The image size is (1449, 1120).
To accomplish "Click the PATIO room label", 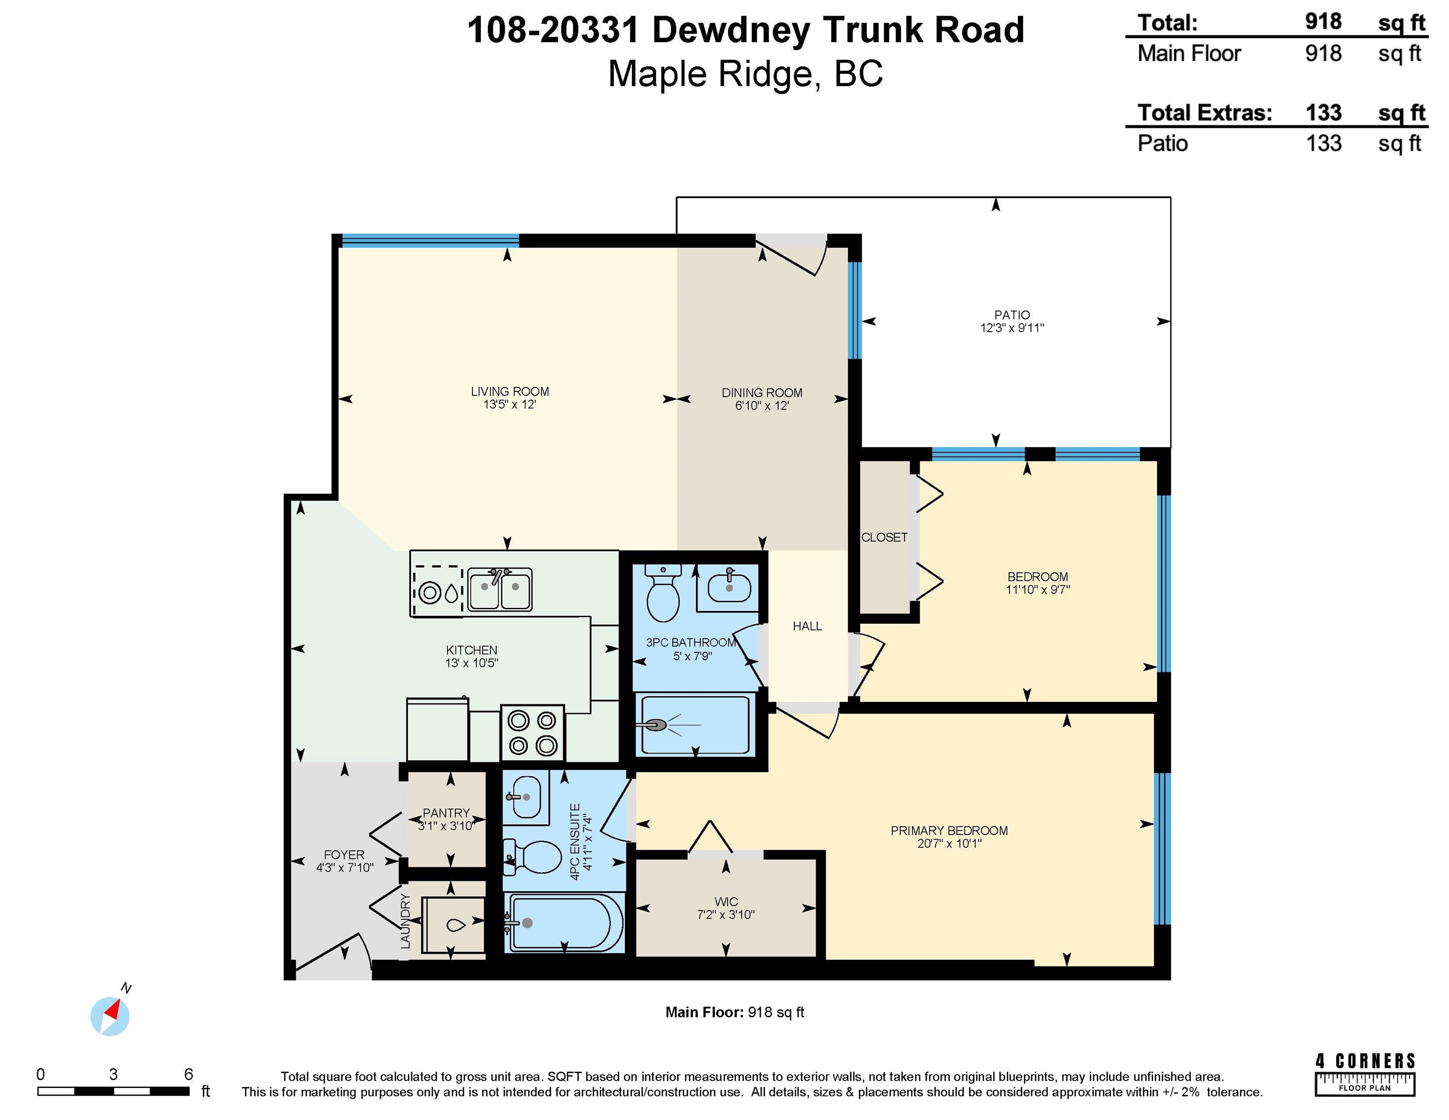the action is (1012, 315).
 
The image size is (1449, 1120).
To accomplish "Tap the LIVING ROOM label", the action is (509, 391).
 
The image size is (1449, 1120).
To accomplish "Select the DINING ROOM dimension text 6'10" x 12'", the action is (762, 405).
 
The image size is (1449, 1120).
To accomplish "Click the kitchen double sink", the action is (500, 589).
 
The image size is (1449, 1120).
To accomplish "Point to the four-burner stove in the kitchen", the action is (532, 733).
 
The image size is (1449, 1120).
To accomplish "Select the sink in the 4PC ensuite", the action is (525, 796).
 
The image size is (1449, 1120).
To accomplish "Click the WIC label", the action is (726, 902).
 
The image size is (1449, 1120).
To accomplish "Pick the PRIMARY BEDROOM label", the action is (949, 831).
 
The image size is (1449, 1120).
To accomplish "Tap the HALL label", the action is (807, 626).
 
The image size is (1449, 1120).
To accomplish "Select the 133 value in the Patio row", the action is (1324, 143).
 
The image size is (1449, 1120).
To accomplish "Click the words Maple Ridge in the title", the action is (709, 74).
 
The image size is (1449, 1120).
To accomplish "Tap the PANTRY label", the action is (446, 813).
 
